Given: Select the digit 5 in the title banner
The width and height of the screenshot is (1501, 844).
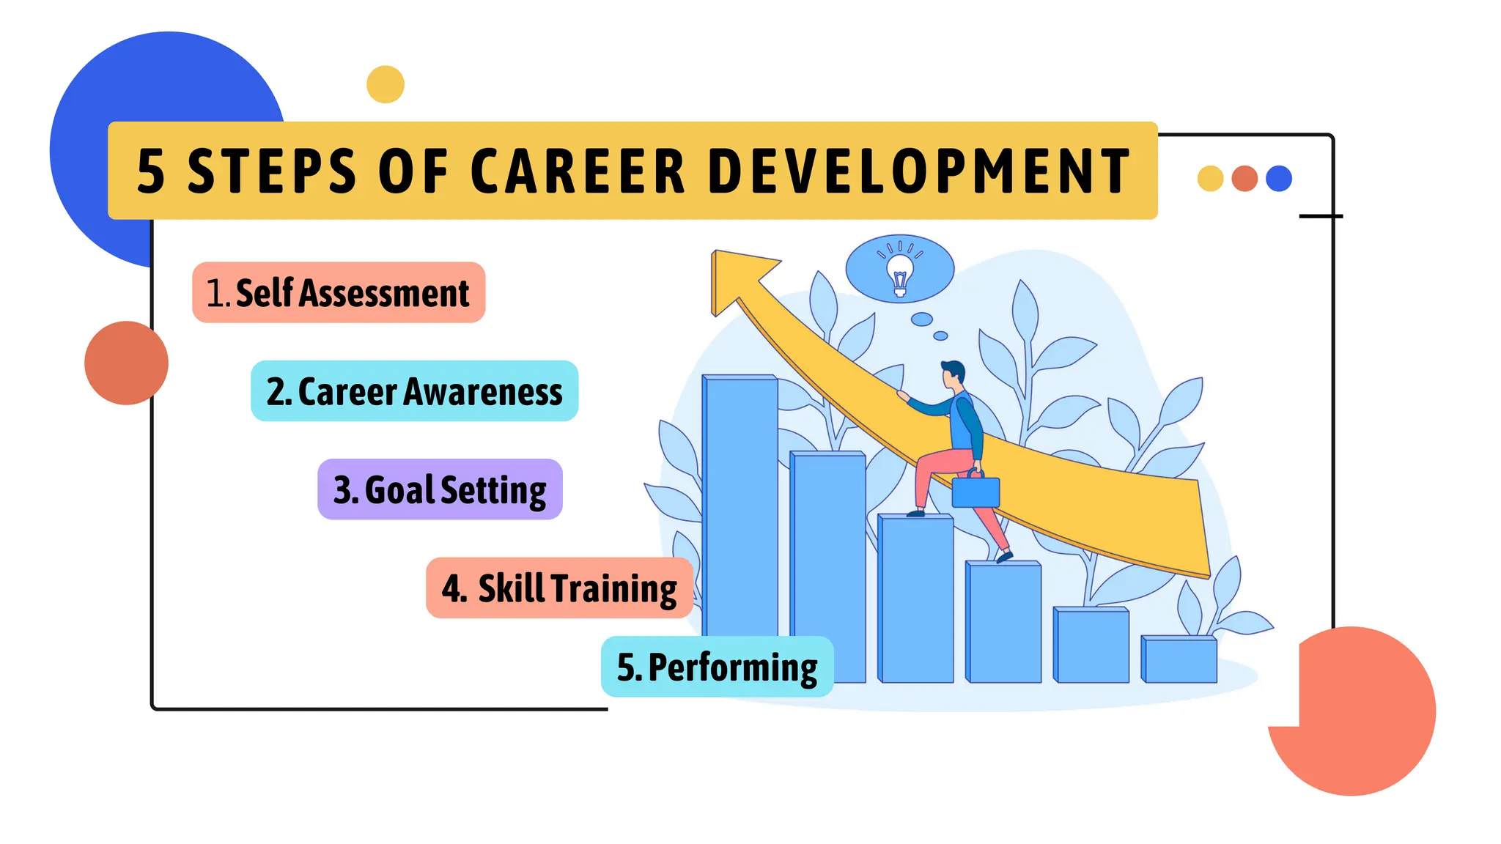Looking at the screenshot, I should pos(151,172).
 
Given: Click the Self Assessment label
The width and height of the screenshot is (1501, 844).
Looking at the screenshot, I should pos(339,293).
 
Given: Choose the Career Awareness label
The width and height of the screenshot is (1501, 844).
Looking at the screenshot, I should pos(415,391).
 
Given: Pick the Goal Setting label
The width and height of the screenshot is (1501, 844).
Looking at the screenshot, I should pos(440,489).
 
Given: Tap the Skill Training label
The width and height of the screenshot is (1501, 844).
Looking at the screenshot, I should pos(559,588).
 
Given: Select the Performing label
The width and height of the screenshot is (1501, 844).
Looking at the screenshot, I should pos(717,667).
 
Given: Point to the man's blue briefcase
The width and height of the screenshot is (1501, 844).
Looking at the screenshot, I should pos(976,491).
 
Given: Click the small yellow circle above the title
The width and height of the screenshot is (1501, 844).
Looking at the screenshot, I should pos(386,84).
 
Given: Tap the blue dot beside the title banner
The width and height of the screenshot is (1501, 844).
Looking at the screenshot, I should pos(1279,179).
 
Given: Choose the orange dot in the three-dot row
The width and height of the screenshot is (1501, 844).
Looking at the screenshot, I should pos(1244,179).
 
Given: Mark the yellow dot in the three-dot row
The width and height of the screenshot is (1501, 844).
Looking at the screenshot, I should pos(1210,179).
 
